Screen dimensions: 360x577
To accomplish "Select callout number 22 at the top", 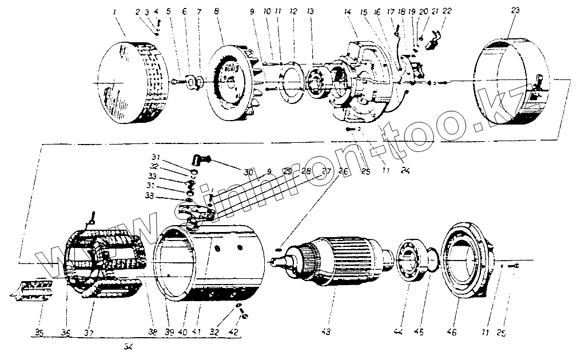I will [x=447, y=11].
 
